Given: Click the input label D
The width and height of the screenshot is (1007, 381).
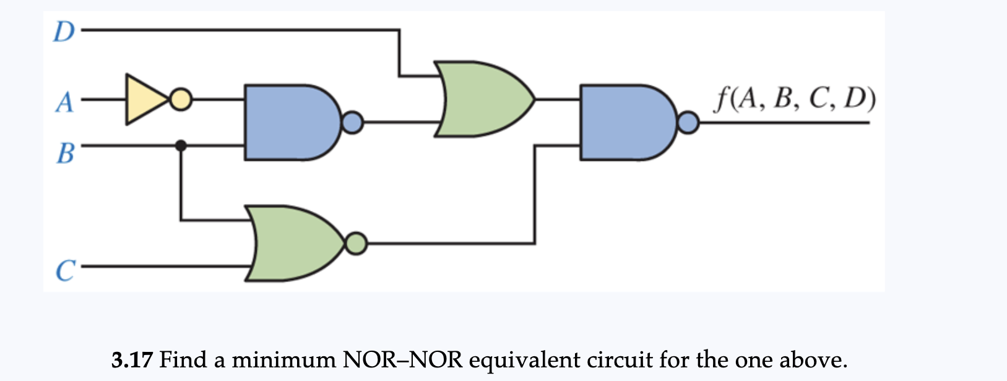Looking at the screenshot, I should coord(63,32).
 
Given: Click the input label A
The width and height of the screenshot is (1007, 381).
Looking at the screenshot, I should coord(64,101).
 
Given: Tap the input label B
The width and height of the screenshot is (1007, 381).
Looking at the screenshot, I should coord(65,152).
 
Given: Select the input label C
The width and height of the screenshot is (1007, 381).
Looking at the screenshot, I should coord(65,270).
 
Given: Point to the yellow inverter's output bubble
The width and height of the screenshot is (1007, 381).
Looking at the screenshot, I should coord(181,100).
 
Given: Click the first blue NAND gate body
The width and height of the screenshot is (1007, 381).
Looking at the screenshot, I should coord(288,122).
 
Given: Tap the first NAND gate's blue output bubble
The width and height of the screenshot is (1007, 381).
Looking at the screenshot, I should coord(352,122).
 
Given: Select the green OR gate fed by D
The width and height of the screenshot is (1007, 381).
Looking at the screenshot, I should coord(480,99).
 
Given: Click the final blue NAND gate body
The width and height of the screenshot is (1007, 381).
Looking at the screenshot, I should coord(622,122).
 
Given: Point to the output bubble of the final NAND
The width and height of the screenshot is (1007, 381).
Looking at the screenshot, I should coord(688,123).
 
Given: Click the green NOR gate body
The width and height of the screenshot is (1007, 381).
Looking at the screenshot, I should coord(291,243).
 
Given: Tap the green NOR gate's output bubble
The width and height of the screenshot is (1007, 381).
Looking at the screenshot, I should coord(356,243).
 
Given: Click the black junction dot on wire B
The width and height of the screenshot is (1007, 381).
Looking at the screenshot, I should coord(181,146).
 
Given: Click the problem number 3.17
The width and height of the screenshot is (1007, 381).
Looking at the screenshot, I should coord(132,359).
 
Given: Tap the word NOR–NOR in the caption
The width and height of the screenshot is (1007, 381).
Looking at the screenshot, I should coord(402,359).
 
